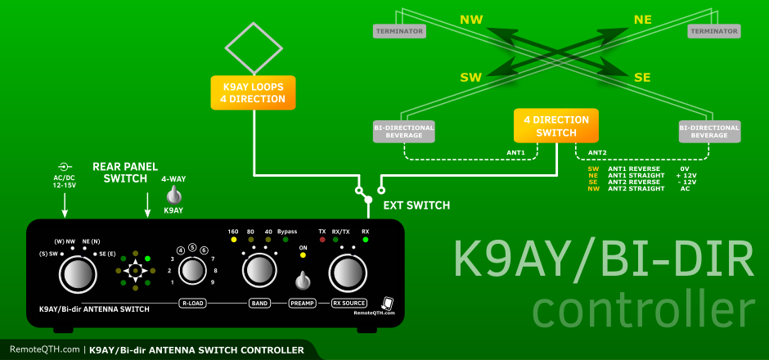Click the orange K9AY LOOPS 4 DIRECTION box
(x=252, y=92)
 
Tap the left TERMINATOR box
(x=399, y=31)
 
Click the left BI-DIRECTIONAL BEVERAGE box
(x=404, y=131)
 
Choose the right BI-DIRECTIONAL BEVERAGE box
(x=709, y=131)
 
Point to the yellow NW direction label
(x=471, y=19)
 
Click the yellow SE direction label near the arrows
(x=642, y=77)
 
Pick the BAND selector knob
(x=258, y=268)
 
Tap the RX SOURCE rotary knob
(x=349, y=272)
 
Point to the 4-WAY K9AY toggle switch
(x=173, y=196)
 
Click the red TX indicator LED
(x=322, y=241)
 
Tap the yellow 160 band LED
(x=233, y=241)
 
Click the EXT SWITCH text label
(x=417, y=205)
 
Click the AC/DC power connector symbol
(x=65, y=167)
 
